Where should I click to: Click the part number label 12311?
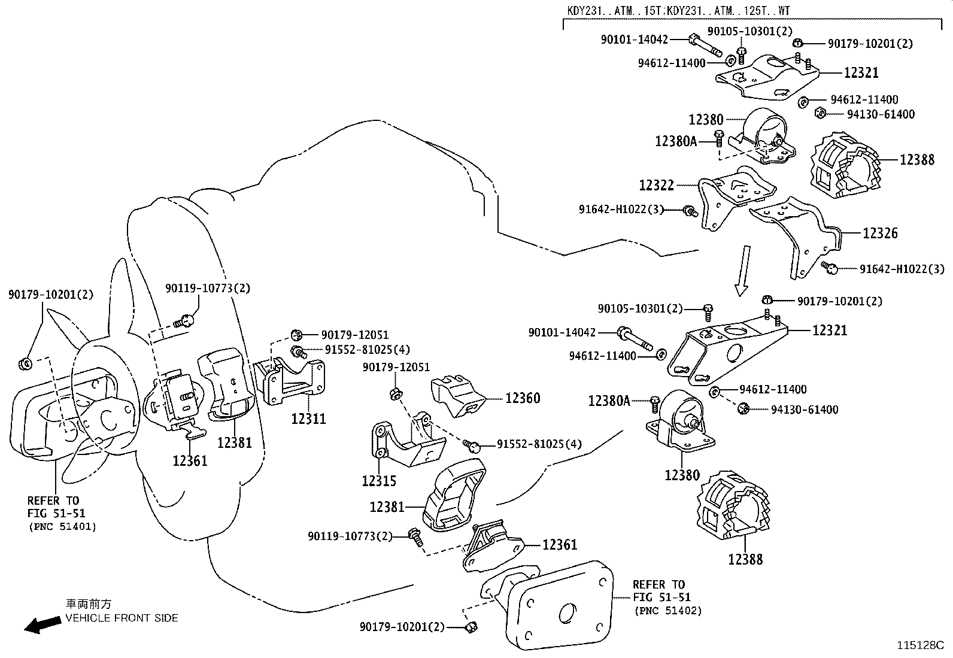308,419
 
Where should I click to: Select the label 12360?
522,398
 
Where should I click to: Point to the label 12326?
879,233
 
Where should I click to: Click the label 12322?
656,185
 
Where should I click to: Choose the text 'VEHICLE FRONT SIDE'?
122,618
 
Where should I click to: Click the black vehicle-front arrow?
43,625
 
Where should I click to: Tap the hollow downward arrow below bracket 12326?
742,270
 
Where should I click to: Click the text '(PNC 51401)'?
62,526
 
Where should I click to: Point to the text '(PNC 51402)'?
667,611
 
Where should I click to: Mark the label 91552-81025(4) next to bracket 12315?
539,444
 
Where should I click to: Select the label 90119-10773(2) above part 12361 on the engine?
208,288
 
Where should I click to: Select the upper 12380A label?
676,141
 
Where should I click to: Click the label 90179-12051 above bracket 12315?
396,367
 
